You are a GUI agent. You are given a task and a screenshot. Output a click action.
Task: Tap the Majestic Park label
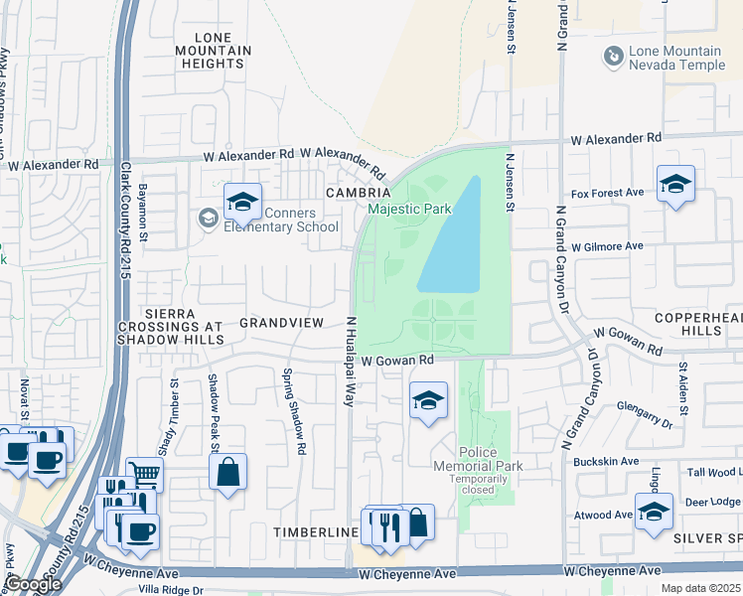pyautogui.click(x=409, y=209)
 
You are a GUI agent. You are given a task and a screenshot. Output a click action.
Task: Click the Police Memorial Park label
pyautogui.click(x=478, y=465)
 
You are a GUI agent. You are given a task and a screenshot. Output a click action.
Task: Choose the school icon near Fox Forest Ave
pyautogui.click(x=675, y=184)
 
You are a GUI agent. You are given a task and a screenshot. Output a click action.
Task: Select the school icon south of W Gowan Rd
pyautogui.click(x=428, y=400)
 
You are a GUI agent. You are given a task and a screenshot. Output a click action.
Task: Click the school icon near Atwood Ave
pyautogui.click(x=654, y=512)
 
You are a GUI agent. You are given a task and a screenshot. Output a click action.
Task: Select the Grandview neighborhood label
pyautogui.click(x=281, y=323)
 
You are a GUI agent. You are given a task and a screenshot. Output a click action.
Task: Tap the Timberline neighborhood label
pyautogui.click(x=315, y=532)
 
